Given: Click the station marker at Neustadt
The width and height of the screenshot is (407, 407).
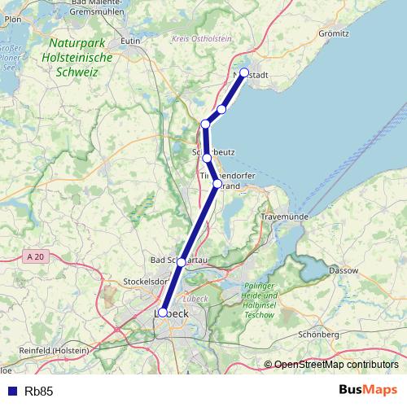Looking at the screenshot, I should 244,72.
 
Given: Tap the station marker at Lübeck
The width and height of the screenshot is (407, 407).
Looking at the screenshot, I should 163,312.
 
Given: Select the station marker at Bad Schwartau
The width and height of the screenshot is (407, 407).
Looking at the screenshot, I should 182,262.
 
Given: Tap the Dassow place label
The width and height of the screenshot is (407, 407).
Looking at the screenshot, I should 343,269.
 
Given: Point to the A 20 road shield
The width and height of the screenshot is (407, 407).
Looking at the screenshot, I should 33,257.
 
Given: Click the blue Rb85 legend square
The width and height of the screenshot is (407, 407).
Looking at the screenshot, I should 11,392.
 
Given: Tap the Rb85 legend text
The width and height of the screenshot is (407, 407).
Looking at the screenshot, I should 39,392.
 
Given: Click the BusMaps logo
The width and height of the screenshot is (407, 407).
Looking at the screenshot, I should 367,391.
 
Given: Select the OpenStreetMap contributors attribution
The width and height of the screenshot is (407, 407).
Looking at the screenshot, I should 335,365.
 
